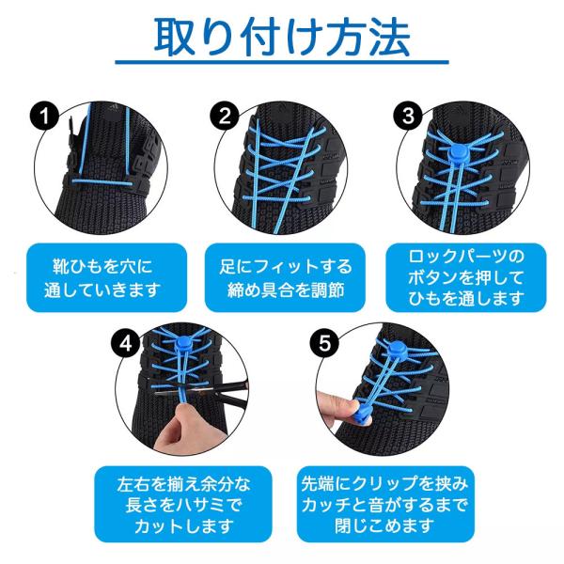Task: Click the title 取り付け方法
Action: click(281, 38)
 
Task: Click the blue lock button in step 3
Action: click(458, 149)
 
